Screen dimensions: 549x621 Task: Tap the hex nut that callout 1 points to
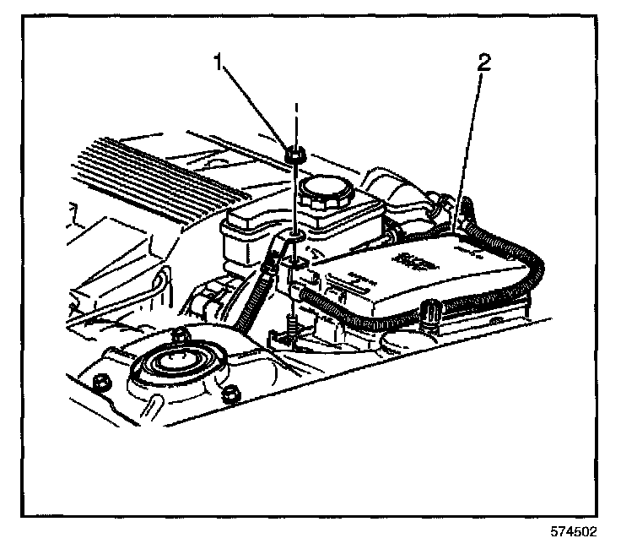pyautogui.click(x=296, y=155)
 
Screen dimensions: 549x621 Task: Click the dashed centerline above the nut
pyautogui.click(x=295, y=118)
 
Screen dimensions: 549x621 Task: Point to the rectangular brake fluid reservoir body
pyautogui.click(x=253, y=228)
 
